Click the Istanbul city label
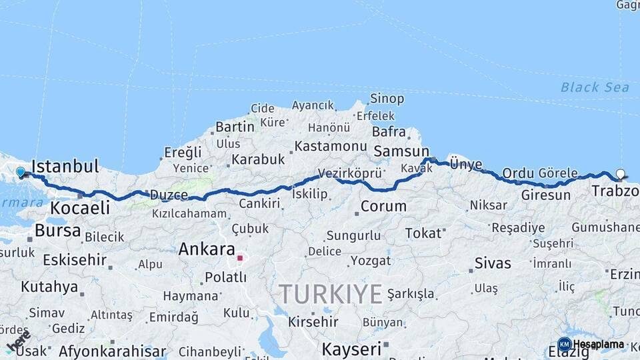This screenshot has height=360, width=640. click(x=65, y=166)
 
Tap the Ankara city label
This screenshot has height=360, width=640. click(x=206, y=249)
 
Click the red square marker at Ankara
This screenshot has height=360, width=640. click(x=240, y=257)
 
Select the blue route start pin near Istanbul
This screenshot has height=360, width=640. click(x=20, y=172)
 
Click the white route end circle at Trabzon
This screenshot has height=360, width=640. click(x=621, y=174)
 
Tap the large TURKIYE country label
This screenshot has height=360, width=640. click(x=331, y=294)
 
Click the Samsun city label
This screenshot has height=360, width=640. click(x=401, y=151)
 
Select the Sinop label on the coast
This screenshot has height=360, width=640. click(x=387, y=99)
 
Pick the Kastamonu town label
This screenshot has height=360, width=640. click(x=331, y=146)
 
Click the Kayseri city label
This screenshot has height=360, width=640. click(x=351, y=349)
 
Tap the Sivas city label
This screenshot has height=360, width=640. click(x=493, y=263)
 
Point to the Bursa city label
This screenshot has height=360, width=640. click(x=58, y=231)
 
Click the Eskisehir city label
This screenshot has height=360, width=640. click(x=75, y=259)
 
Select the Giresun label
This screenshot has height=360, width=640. click(x=546, y=195)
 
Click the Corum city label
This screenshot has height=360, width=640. click(x=383, y=206)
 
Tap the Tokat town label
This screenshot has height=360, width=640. click(x=423, y=233)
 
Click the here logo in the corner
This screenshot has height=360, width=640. click(x=18, y=340)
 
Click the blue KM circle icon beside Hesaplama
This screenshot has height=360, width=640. click(x=564, y=345)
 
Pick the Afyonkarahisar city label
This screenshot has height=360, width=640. click(x=112, y=351)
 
